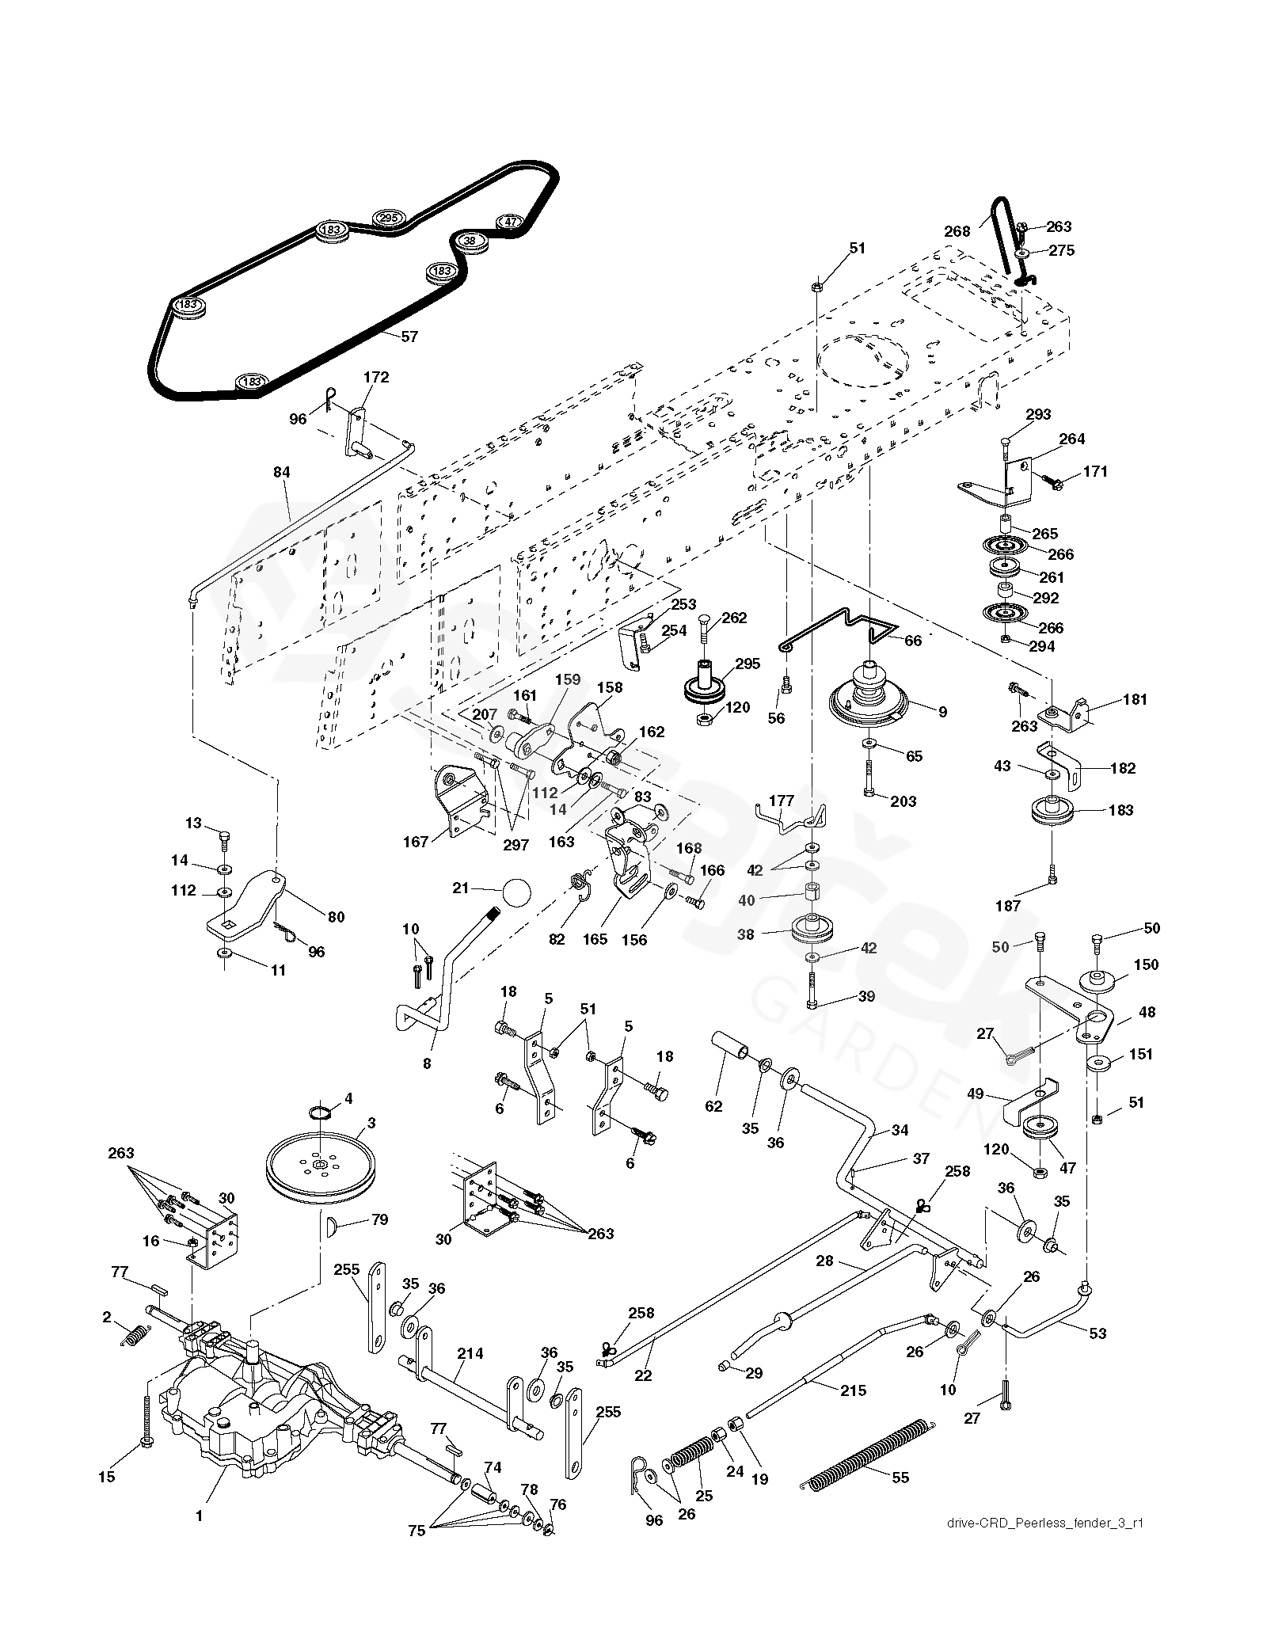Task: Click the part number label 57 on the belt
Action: (409, 337)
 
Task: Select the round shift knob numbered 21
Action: (515, 892)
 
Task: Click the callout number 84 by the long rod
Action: (282, 473)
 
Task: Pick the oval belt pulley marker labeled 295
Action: (388, 218)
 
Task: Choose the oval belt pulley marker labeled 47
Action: (511, 222)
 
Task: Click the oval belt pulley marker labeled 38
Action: (470, 240)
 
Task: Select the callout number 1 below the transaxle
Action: (199, 1516)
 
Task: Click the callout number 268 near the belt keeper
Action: (957, 231)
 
